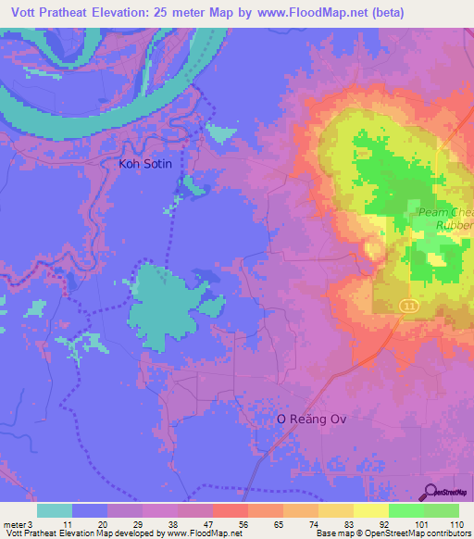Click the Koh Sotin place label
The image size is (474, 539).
click(x=145, y=164)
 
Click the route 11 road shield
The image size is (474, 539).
click(x=406, y=305)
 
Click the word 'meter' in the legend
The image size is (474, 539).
click(x=14, y=524)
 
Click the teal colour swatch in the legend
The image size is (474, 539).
click(x=55, y=510)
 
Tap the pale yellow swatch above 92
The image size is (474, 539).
click(x=370, y=510)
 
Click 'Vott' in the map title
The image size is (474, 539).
click(x=26, y=13)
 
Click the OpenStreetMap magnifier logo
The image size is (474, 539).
click(x=430, y=492)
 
